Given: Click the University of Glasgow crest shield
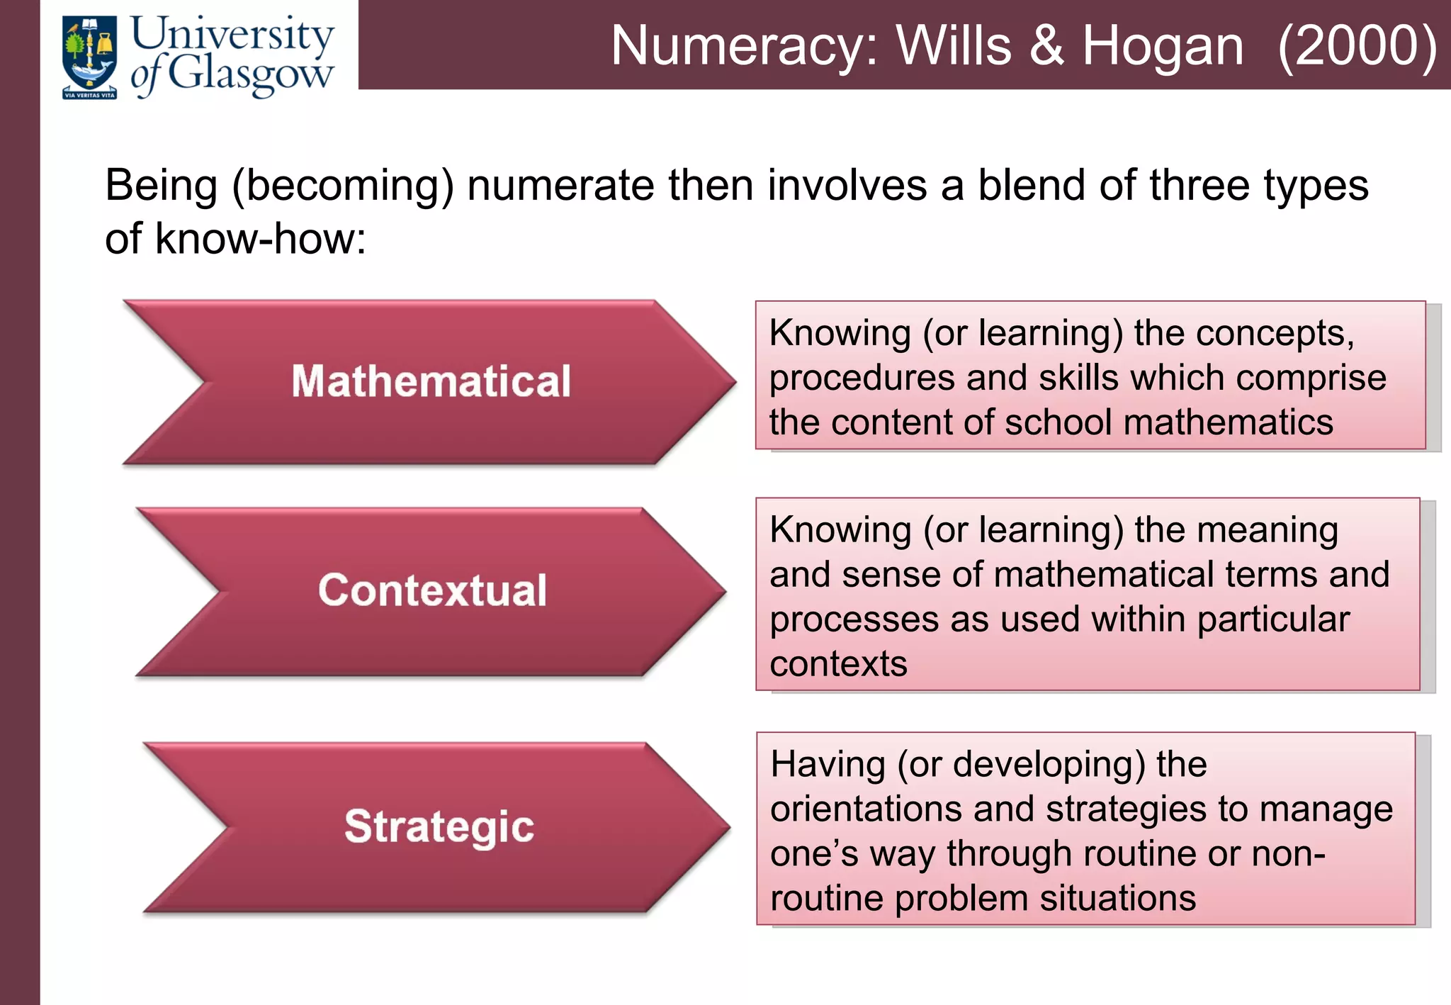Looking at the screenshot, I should coord(89,57).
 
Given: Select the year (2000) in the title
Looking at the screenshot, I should coord(1357,47).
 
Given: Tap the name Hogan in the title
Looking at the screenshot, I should coord(1162,47).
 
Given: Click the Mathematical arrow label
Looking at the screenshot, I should coord(431,381).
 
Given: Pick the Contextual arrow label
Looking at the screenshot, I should coord(432,590).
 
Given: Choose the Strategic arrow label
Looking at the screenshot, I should coord(439,826).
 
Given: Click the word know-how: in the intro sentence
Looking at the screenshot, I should coord(261,239).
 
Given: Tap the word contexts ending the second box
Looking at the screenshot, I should coord(838,664).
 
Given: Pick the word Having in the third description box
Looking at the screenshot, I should coord(828,765).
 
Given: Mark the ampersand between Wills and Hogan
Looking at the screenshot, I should coord(1046,47).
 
